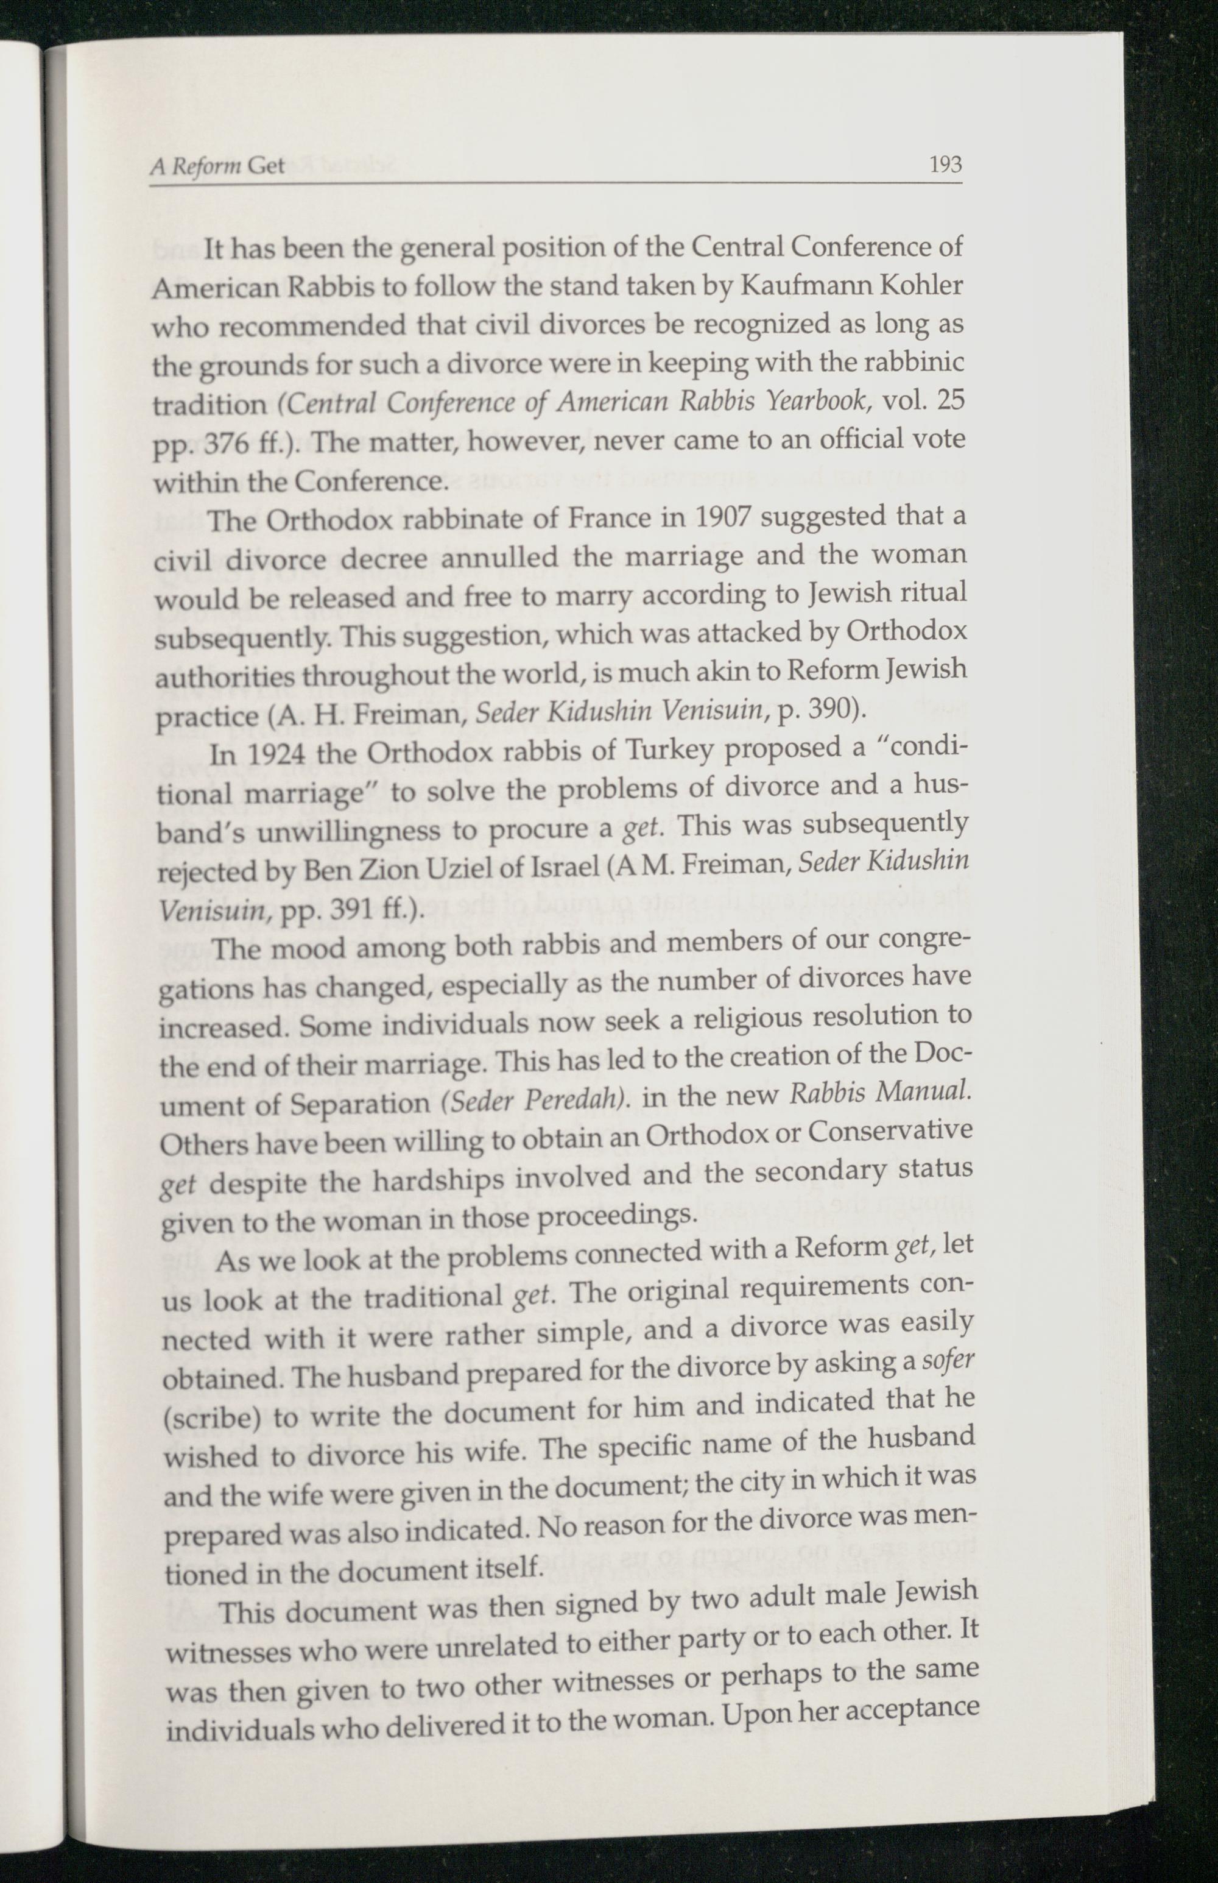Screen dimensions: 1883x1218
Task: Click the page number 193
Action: [x=945, y=165]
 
